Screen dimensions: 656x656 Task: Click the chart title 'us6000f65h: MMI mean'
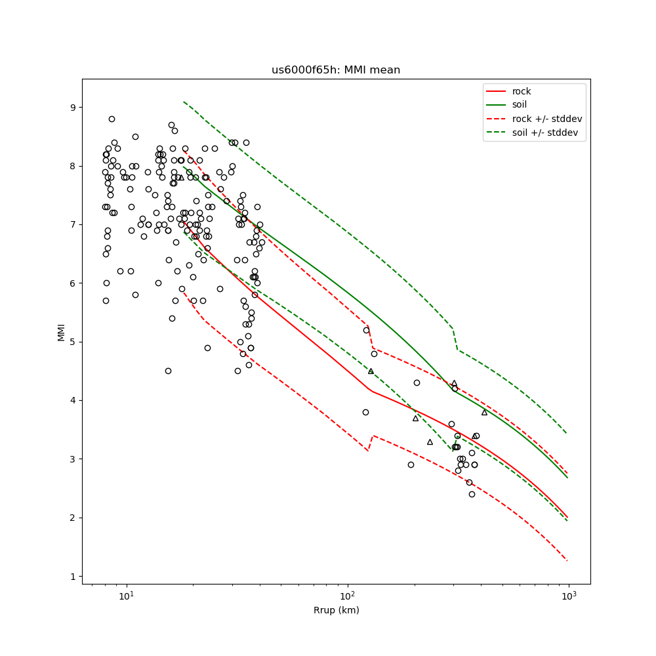pyautogui.click(x=336, y=70)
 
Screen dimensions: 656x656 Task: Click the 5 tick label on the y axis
pyautogui.click(x=72, y=342)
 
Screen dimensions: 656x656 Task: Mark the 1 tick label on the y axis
pyautogui.click(x=72, y=577)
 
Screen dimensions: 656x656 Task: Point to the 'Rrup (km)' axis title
pyautogui.click(x=336, y=611)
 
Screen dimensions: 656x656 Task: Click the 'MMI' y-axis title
pyautogui.click(x=62, y=331)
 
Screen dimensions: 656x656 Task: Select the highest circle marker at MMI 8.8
pyautogui.click(x=112, y=119)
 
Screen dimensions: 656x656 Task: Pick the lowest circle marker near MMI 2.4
pyautogui.click(x=472, y=494)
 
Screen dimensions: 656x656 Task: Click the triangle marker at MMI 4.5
pyautogui.click(x=371, y=371)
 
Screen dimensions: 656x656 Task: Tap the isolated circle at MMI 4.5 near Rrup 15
pyautogui.click(x=168, y=371)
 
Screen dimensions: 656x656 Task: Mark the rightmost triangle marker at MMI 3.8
pyautogui.click(x=484, y=412)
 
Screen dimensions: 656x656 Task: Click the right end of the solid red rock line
pyautogui.click(x=567, y=518)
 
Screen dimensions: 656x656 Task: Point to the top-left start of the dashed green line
pyautogui.click(x=184, y=102)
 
